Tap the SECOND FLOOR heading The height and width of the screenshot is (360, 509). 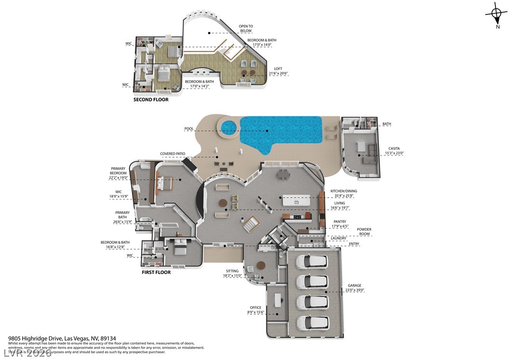point(151,100)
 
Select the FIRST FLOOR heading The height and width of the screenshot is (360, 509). point(156,272)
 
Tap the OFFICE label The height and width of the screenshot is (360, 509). point(255,307)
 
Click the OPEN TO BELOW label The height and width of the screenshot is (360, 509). point(246,28)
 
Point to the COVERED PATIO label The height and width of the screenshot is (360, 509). point(173,154)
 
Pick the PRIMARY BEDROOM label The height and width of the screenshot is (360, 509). point(118,171)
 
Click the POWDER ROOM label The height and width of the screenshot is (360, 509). point(364,231)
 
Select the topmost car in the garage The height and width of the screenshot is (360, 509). point(312,261)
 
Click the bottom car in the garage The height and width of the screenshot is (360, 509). point(312,322)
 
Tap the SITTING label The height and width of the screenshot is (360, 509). point(232,271)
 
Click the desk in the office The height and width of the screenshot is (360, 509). point(278,300)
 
